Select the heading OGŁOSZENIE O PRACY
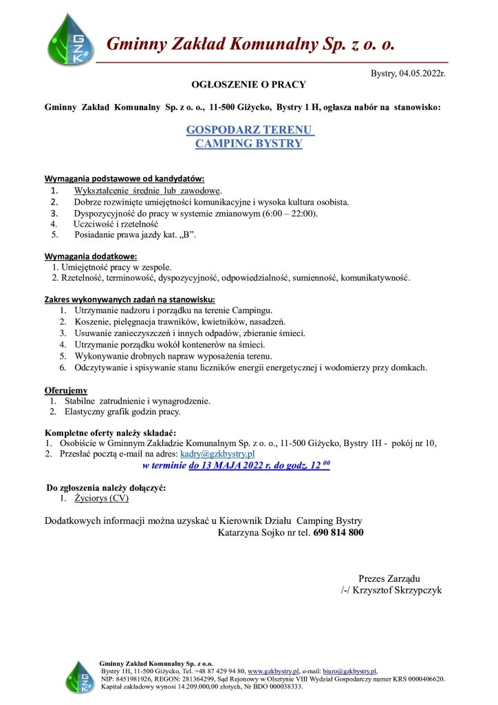click(x=248, y=85)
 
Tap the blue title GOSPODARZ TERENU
click(x=250, y=130)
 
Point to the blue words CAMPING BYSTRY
click(x=249, y=144)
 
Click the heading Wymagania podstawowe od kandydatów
click(x=124, y=178)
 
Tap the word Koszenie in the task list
click(x=91, y=322)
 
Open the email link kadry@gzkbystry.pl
click(x=217, y=454)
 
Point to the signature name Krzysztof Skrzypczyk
click(x=398, y=590)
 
